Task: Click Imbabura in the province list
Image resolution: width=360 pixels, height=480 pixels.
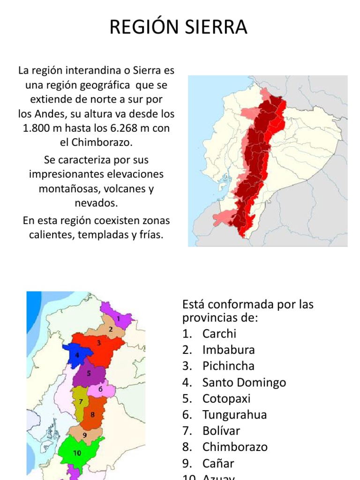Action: tap(229, 350)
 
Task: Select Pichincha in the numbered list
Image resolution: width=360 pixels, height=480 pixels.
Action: tap(228, 366)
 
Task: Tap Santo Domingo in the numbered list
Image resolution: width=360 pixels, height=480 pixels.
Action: tap(244, 382)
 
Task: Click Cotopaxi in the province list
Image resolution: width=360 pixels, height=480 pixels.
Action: tap(226, 399)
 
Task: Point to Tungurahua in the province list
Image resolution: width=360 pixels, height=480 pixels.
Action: tap(234, 415)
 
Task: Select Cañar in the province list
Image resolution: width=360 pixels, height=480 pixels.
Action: tap(218, 463)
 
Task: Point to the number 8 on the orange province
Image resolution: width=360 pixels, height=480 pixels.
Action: tap(92, 414)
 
